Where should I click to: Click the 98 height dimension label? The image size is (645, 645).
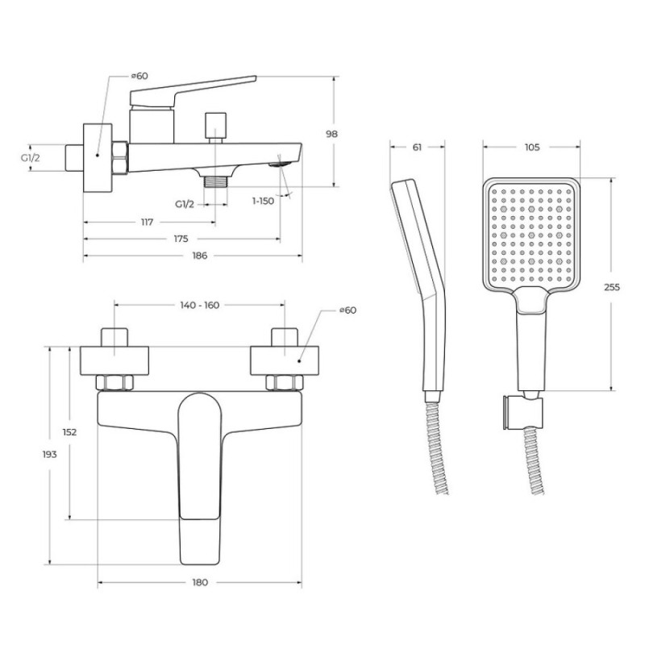pyautogui.click(x=331, y=134)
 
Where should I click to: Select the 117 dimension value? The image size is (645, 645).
pyautogui.click(x=147, y=223)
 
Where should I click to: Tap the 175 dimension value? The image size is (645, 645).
pyautogui.click(x=181, y=239)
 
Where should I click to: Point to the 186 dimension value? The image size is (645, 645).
pyautogui.click(x=200, y=256)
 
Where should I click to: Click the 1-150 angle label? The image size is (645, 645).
pyautogui.click(x=263, y=201)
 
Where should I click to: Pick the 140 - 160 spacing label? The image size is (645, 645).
pyautogui.click(x=199, y=306)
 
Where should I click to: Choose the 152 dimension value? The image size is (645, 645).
pyautogui.click(x=69, y=432)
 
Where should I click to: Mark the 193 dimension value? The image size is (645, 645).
pyautogui.click(x=49, y=454)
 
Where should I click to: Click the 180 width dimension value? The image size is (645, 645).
pyautogui.click(x=200, y=582)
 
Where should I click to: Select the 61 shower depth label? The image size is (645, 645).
pyautogui.click(x=417, y=147)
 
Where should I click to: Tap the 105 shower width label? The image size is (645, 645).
pyautogui.click(x=532, y=147)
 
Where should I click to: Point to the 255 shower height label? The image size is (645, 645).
pyautogui.click(x=612, y=287)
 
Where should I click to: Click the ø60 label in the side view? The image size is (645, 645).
pyautogui.click(x=139, y=76)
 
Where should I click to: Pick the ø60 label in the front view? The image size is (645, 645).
pyautogui.click(x=348, y=310)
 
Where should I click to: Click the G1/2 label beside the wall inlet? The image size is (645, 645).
pyautogui.click(x=31, y=157)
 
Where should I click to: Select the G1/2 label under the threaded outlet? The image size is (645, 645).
pyautogui.click(x=185, y=204)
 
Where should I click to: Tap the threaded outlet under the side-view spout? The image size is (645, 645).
pyautogui.click(x=215, y=181)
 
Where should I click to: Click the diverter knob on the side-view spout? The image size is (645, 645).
pyautogui.click(x=215, y=125)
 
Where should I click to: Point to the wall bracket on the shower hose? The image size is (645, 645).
pyautogui.click(x=522, y=413)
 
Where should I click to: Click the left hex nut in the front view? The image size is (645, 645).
pyautogui.click(x=114, y=382)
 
